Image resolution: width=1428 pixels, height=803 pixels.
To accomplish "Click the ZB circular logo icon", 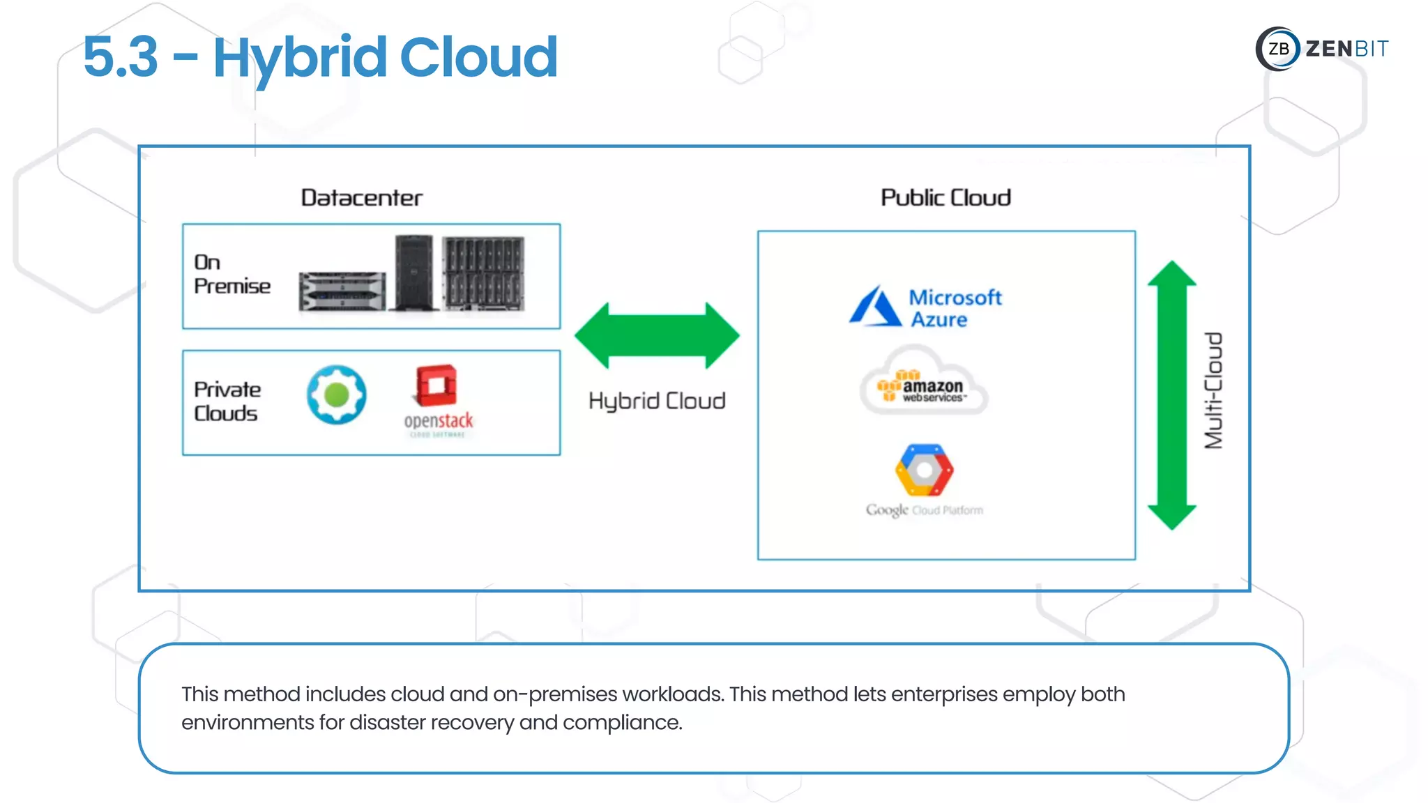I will click(x=1277, y=49).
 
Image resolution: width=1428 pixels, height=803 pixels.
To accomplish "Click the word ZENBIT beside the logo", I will click(x=1346, y=49).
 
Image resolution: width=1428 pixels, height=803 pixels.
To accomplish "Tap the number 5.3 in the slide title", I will click(x=121, y=56).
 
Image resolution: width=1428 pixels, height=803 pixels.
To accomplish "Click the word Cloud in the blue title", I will click(x=478, y=56).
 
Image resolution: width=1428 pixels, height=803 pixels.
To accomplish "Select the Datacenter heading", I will click(x=361, y=198).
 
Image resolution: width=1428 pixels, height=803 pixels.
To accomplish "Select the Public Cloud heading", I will click(x=945, y=198).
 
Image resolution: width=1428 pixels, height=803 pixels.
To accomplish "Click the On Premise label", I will click(x=231, y=275).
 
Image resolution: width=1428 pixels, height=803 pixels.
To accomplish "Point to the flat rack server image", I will click(x=342, y=291).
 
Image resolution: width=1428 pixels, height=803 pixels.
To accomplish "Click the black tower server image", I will click(x=413, y=273).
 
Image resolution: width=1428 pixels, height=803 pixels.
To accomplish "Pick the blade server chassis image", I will click(x=483, y=273).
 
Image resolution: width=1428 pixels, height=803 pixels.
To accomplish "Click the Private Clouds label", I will click(x=227, y=401).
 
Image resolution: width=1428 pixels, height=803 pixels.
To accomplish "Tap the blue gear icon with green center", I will click(x=337, y=395).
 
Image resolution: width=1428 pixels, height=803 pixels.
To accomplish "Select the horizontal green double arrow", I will click(x=657, y=335).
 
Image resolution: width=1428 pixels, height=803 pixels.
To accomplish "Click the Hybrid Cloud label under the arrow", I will click(x=657, y=401).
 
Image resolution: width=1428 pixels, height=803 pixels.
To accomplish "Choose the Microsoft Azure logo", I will click(x=925, y=307).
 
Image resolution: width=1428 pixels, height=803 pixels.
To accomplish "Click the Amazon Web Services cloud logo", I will click(x=924, y=385).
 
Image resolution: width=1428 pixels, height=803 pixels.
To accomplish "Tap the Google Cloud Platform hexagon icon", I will click(x=924, y=470).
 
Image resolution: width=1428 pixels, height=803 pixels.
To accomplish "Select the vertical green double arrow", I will click(x=1171, y=395).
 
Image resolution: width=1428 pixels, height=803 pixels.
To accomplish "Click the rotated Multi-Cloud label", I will click(x=1214, y=390).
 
